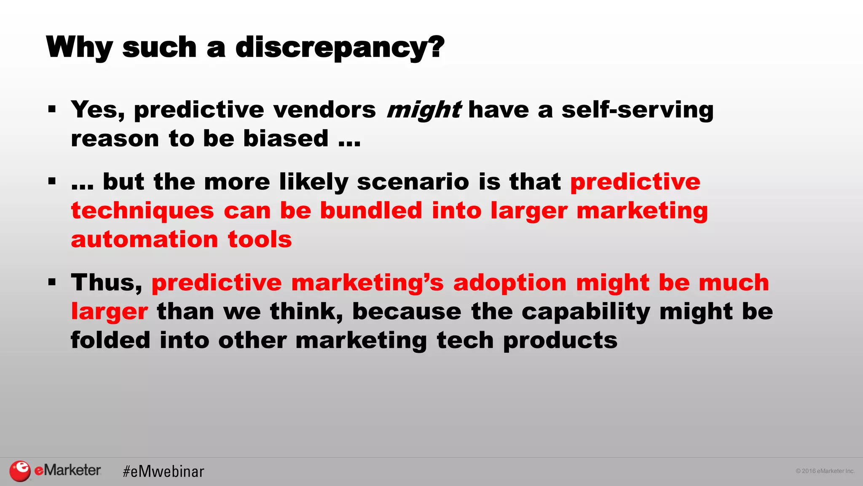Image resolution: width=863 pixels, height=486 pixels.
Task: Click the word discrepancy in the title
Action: [340, 47]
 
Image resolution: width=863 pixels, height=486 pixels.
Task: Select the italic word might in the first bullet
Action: [423, 110]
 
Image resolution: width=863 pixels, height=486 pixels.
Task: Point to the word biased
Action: [286, 138]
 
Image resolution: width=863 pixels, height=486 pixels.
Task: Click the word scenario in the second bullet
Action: [413, 182]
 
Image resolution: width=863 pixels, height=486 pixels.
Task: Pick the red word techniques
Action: [142, 211]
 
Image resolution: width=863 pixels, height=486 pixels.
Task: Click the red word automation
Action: [145, 239]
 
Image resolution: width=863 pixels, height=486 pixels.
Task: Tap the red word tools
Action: [260, 239]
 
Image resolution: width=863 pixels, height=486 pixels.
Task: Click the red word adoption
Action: [509, 282]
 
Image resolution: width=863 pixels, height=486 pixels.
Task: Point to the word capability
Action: [586, 312]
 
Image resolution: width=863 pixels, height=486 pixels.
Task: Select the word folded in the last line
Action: [110, 340]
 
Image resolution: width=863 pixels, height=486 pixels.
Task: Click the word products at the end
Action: [560, 341]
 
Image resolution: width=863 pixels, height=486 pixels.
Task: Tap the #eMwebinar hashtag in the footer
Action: [163, 472]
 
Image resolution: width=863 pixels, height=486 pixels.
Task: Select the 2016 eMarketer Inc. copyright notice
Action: [825, 471]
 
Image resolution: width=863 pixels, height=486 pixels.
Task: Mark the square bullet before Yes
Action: [52, 110]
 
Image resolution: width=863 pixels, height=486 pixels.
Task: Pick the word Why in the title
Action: [79, 47]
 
